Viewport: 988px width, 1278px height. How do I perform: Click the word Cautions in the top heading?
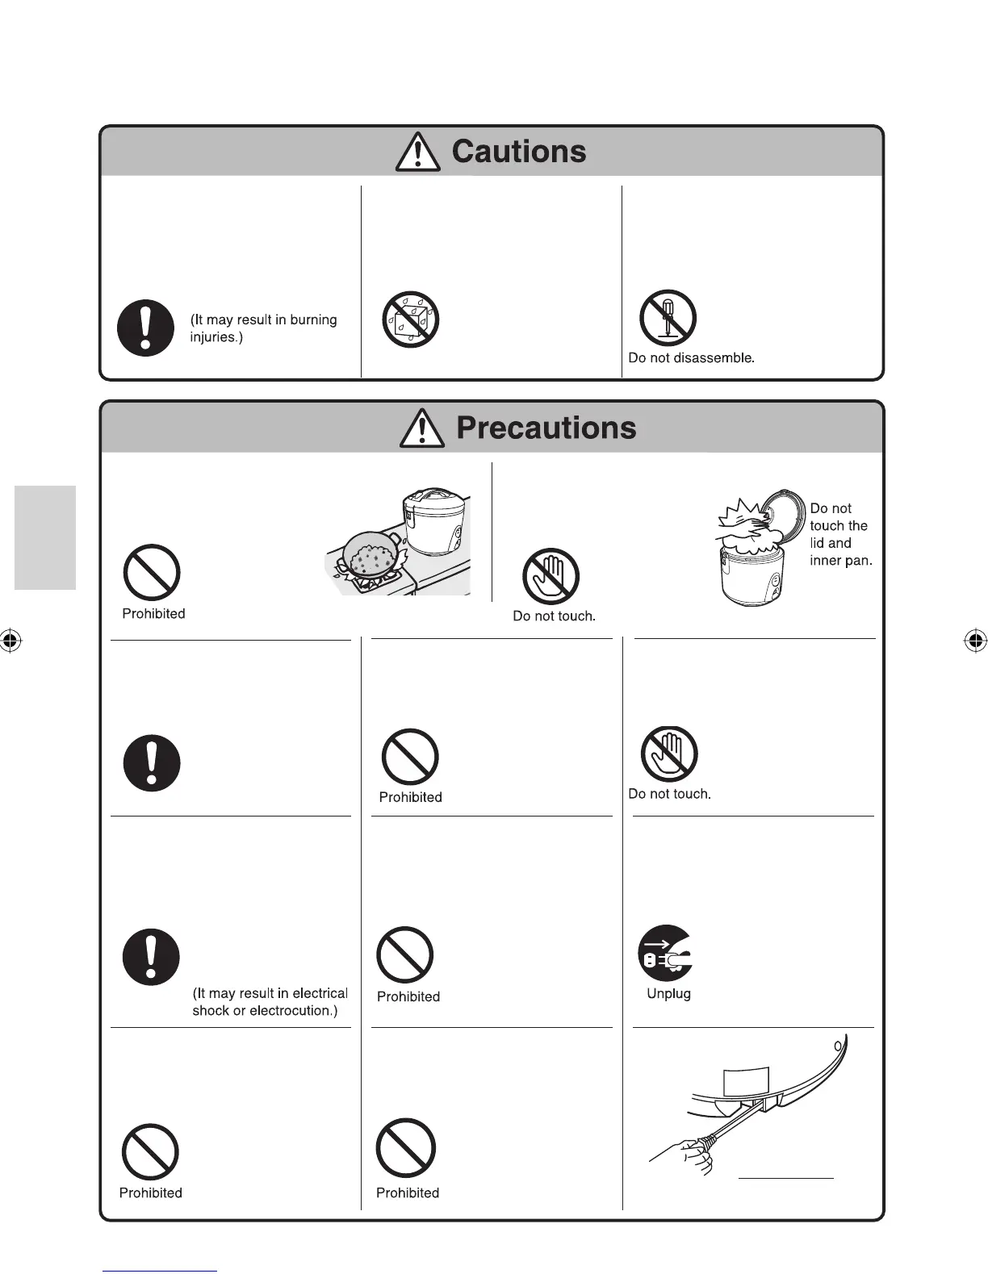(519, 152)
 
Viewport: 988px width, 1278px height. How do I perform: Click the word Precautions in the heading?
(546, 428)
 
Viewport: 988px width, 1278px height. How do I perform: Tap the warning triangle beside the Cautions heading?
(417, 152)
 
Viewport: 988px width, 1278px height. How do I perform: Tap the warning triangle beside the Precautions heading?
(421, 428)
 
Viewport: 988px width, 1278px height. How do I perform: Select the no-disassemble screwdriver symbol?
(668, 318)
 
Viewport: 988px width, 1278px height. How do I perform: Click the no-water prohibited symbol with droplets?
(410, 319)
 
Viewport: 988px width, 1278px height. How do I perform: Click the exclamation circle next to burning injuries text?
(146, 328)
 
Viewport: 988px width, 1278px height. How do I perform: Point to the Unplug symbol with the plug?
(666, 953)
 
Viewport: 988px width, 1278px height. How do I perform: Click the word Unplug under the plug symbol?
(668, 993)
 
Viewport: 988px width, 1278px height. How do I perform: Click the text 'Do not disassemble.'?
(691, 357)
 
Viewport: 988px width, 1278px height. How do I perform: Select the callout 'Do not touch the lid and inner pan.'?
(840, 534)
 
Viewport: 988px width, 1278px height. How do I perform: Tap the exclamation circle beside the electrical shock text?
(151, 957)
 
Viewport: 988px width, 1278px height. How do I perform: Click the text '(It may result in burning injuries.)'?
(263, 328)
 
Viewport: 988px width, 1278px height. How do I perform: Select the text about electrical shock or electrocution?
(270, 1002)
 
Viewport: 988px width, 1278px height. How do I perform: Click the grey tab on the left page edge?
(45, 537)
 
